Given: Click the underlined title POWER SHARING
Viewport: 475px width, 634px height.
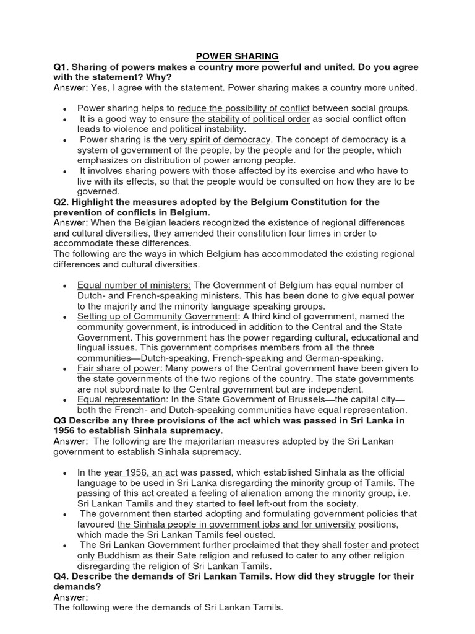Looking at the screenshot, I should pyautogui.click(x=237, y=56).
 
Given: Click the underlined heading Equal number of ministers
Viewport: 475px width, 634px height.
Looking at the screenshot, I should pyautogui.click(x=134, y=285).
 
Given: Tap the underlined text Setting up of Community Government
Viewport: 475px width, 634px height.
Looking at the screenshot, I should pyautogui.click(x=157, y=316).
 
